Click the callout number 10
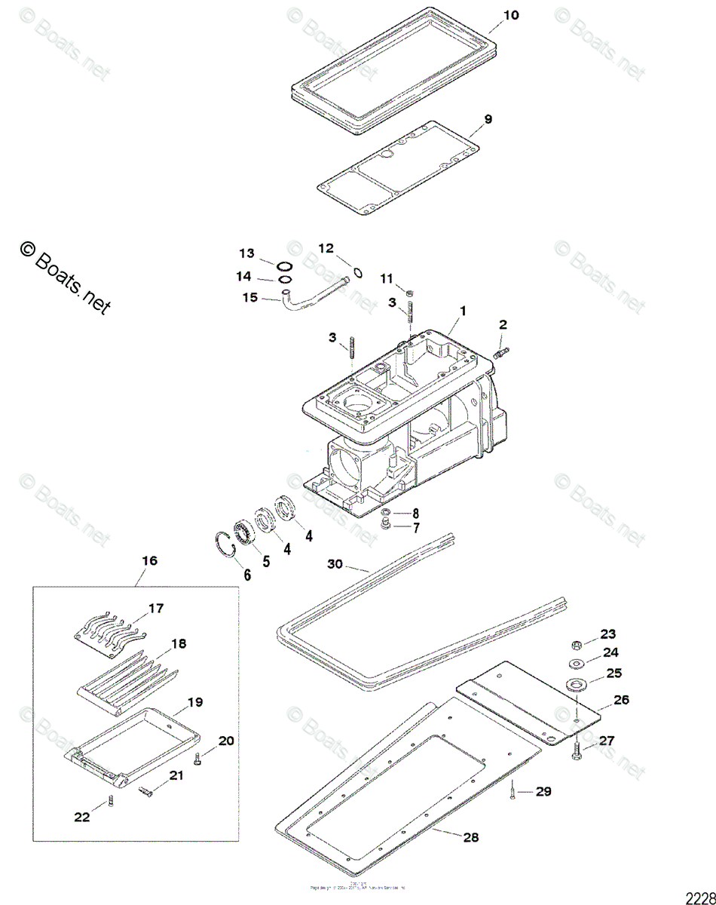click(x=511, y=16)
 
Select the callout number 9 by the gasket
click(x=488, y=119)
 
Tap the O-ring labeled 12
click(x=357, y=272)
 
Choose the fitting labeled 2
click(x=502, y=351)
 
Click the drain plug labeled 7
click(x=386, y=525)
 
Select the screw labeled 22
click(x=110, y=802)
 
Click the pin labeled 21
click(x=147, y=790)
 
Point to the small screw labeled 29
click(x=513, y=790)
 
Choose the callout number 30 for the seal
click(x=335, y=564)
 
